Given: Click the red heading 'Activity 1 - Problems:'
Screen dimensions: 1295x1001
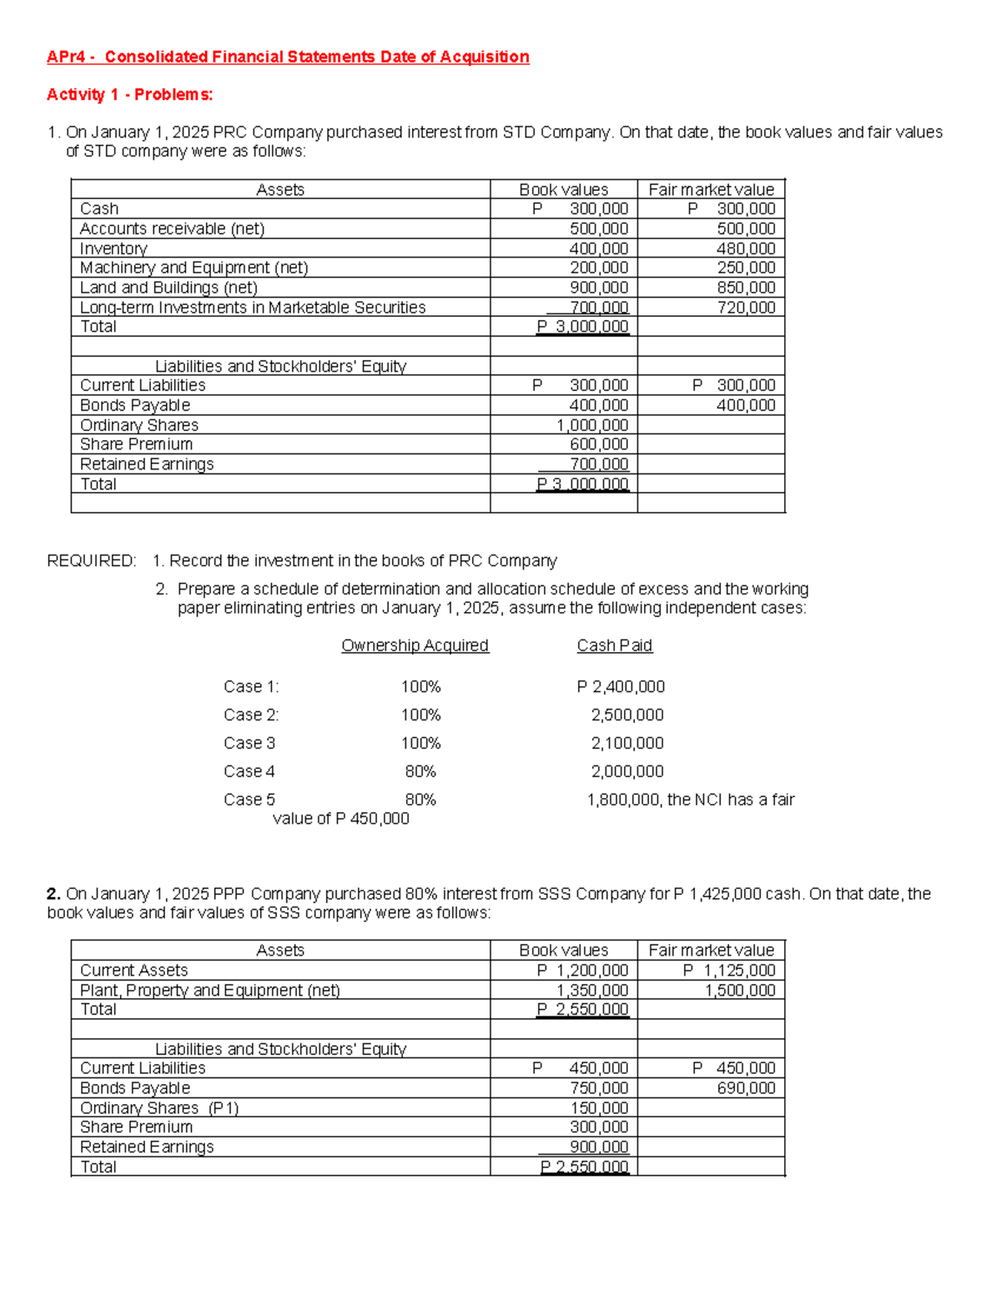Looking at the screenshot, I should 129,94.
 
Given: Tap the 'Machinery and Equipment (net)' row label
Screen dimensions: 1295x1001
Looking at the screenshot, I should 194,268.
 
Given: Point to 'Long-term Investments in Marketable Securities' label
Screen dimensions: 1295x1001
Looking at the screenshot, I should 252,308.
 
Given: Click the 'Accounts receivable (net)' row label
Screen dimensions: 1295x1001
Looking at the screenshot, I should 172,228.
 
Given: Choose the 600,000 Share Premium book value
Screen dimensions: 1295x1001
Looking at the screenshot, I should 598,444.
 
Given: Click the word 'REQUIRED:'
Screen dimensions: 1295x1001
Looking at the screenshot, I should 91,560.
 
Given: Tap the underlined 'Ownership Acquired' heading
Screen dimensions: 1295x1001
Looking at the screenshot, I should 415,645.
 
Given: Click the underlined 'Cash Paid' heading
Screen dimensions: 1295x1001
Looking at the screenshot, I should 614,645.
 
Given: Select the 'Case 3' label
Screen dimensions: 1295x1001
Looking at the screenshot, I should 249,743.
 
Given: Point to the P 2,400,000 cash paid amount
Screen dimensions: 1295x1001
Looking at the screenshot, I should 621,686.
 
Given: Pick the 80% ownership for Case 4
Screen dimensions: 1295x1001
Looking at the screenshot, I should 420,771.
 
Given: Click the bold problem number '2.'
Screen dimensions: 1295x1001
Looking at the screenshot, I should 53,894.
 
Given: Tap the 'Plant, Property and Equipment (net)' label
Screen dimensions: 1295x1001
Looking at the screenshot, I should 209,990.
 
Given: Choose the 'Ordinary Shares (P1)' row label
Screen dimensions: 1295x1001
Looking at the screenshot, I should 158,1108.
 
